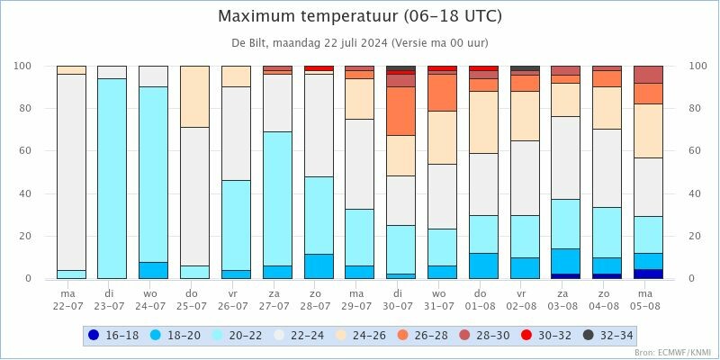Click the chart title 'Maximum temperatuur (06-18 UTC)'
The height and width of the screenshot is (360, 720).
click(x=360, y=16)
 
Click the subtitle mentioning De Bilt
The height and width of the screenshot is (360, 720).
click(x=360, y=42)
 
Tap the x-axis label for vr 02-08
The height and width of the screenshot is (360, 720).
click(x=524, y=299)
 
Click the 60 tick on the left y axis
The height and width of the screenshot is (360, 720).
click(x=23, y=151)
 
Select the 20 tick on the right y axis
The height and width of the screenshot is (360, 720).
click(x=696, y=237)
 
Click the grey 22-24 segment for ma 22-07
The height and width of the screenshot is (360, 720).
click(x=71, y=171)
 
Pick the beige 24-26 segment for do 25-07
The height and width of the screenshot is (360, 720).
click(x=194, y=96)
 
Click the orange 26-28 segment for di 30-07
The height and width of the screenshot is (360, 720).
click(x=400, y=111)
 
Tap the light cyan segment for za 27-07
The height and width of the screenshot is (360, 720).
click(x=277, y=198)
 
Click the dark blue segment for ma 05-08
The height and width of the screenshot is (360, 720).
click(x=648, y=274)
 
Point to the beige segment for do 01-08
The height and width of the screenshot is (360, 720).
click(x=483, y=122)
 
